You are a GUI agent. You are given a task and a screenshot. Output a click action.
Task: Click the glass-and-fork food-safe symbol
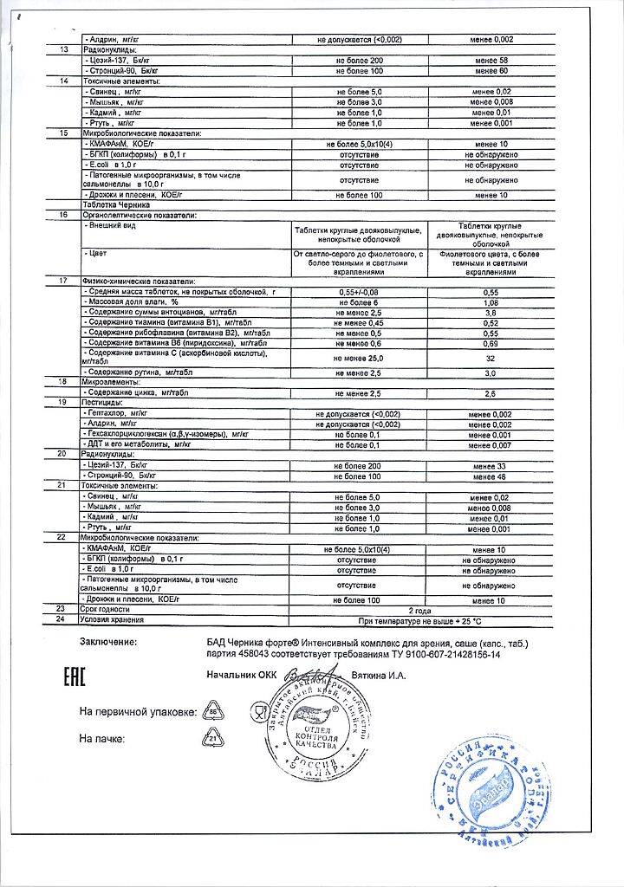[x=257, y=712]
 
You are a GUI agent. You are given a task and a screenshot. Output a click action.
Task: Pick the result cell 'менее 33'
[x=491, y=465]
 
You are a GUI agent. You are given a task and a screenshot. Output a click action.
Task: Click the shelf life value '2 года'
[x=419, y=609]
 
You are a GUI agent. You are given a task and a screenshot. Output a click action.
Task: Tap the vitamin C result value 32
[x=491, y=358]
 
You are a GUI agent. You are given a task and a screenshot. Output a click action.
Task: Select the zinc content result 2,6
[x=491, y=393]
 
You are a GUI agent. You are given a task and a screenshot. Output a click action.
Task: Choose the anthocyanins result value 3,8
[x=491, y=312]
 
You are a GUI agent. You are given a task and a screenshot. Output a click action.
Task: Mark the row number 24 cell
[x=61, y=620]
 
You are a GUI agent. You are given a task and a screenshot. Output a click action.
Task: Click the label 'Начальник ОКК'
[x=240, y=675]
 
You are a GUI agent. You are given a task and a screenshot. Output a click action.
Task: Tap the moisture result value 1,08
[x=491, y=301]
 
